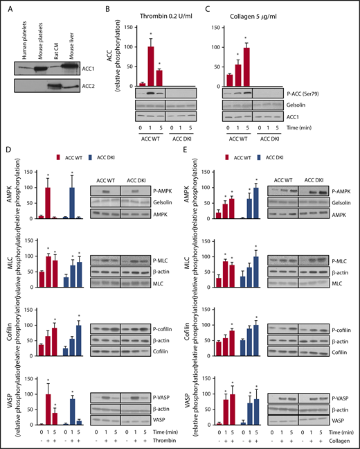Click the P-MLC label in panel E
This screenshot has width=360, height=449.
(337, 260)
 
